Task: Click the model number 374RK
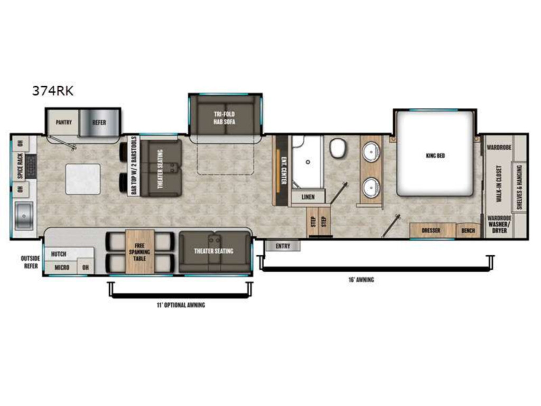click(x=53, y=91)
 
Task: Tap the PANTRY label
click(x=64, y=122)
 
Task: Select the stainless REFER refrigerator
click(x=99, y=123)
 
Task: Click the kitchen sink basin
click(x=24, y=216)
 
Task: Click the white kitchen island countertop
click(x=83, y=180)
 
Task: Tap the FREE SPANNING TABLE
click(x=139, y=252)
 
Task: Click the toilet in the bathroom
click(x=338, y=148)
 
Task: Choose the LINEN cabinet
click(x=308, y=197)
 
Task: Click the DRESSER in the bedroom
click(x=431, y=230)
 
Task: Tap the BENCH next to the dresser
click(x=468, y=230)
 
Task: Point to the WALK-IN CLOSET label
click(x=499, y=183)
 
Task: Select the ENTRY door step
click(x=283, y=246)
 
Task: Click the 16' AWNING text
click(x=361, y=280)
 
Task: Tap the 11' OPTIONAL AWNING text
click(x=181, y=305)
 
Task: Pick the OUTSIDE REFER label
click(x=30, y=262)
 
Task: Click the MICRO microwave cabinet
click(x=62, y=267)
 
